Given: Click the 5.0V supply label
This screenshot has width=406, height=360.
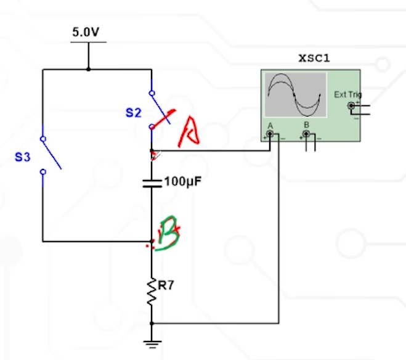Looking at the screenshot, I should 85,33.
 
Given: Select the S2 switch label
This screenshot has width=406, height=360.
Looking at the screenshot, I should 134,112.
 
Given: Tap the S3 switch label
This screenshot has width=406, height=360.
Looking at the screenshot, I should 23,157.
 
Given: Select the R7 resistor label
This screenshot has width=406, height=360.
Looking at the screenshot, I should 166,285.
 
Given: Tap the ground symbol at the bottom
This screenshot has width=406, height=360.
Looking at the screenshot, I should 152,343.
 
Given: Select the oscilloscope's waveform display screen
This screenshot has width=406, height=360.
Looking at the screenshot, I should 294,94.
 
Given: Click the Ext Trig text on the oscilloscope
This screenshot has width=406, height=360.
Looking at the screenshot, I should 347,94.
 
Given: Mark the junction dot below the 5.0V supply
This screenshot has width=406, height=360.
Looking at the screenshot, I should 89,69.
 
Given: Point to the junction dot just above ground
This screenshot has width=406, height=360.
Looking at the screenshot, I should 152,323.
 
